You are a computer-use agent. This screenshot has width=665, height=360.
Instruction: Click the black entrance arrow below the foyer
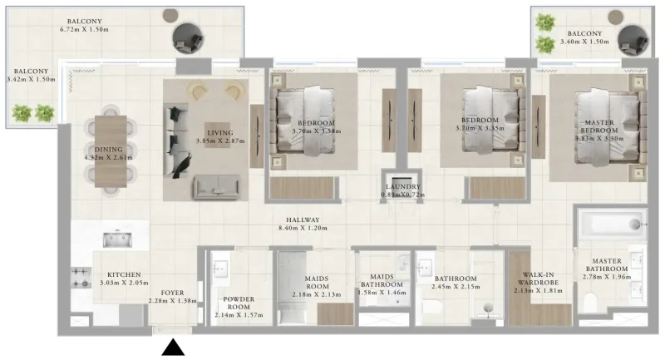pos(173,347)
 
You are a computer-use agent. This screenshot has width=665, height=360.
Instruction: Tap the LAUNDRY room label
pos(402,187)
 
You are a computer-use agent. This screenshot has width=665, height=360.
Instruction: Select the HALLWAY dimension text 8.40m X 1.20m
pos(300,229)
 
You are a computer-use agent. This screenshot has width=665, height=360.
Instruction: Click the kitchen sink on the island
pos(116,239)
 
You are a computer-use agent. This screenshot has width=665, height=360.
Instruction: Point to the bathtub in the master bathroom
pos(611,224)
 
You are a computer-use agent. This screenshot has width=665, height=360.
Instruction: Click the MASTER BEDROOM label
pos(599,126)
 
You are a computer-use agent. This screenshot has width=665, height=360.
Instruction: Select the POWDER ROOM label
pos(239,303)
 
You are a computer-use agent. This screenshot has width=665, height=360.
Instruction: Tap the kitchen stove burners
pos(81,278)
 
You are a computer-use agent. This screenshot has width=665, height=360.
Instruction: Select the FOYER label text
pos(172,292)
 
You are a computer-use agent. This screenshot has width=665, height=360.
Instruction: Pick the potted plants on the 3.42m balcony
pos(34,111)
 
